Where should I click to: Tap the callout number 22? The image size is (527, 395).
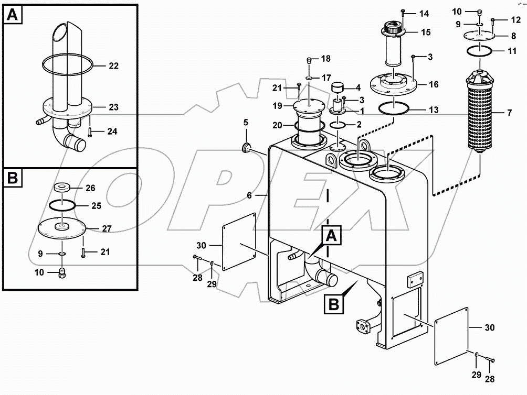point(113,65)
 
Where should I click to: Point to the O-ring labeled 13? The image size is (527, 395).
point(394,109)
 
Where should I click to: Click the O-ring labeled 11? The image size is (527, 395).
point(480,51)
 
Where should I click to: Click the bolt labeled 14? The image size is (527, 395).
point(403,14)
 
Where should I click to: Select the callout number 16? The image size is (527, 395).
point(434,84)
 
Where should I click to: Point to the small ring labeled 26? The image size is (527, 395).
point(62,187)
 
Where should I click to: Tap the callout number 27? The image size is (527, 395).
point(107,229)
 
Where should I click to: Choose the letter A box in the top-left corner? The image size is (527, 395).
point(13,15)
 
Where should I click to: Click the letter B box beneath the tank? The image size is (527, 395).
point(334,304)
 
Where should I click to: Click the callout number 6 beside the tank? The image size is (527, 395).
point(249,195)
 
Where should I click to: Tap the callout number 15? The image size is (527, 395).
point(426,32)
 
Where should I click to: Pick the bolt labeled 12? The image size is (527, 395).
point(493,21)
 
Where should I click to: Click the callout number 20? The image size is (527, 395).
point(277,125)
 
